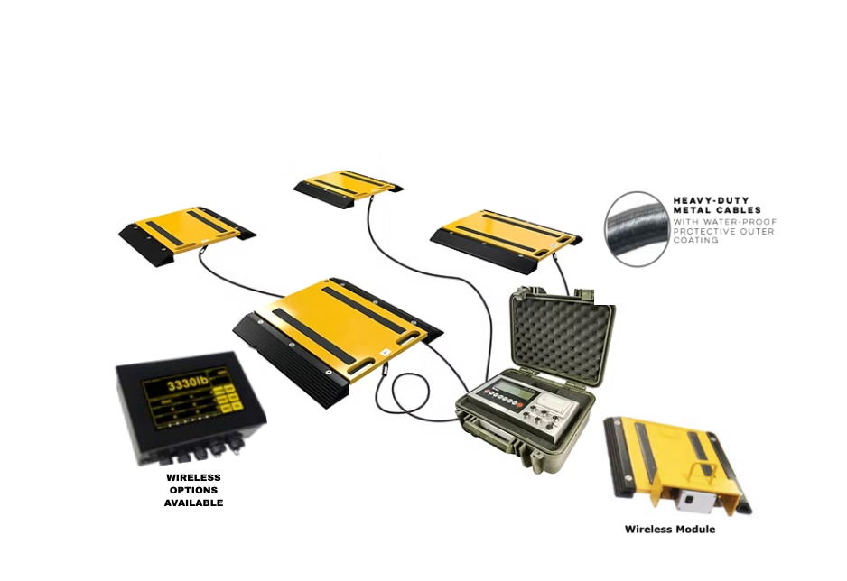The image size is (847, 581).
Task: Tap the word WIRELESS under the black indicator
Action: coord(193,477)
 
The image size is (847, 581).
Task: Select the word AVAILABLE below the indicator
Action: coord(193,503)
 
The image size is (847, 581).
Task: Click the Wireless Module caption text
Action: coord(669,529)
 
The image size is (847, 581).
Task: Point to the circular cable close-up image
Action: coord(637,228)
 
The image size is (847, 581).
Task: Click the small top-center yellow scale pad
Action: coord(348,186)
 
